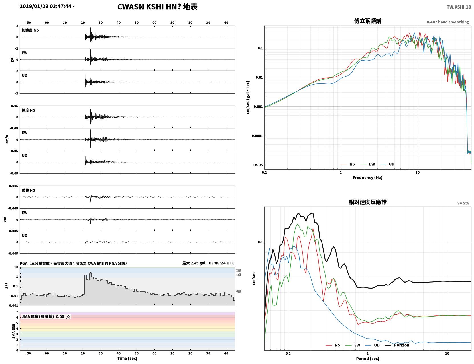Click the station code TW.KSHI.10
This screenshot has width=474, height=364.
[x=459, y=7]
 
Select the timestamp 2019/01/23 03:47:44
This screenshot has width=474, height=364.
[x=46, y=6]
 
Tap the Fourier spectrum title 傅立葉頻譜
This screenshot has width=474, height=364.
[x=368, y=21]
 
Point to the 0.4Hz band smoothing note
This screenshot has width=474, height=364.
[x=447, y=22]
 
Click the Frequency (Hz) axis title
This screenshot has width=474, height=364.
[x=368, y=178]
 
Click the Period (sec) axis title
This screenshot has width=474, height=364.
[x=368, y=358]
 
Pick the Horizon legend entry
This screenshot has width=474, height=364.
[x=397, y=345]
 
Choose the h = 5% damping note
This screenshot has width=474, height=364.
[x=462, y=203]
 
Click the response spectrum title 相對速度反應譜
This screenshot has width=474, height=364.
[x=368, y=202]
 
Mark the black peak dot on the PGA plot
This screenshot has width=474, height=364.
[x=91, y=273]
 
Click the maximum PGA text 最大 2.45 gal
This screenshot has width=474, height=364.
[x=194, y=263]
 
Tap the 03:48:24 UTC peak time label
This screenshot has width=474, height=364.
[x=222, y=263]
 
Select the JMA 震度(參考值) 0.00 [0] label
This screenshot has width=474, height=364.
[x=46, y=316]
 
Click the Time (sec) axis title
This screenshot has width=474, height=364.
[x=127, y=358]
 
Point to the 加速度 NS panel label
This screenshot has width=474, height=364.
[x=30, y=30]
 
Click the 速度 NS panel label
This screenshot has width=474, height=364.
[x=28, y=110]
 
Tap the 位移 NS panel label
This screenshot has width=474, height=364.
[x=28, y=190]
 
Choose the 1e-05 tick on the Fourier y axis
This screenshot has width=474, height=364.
[x=258, y=165]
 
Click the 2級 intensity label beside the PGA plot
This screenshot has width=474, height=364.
[x=239, y=270]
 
